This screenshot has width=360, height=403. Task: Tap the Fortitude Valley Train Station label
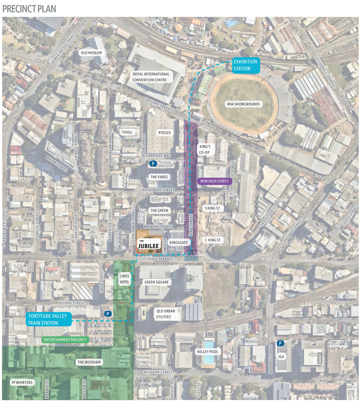point(48,319)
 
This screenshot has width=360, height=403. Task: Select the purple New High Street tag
point(214,181)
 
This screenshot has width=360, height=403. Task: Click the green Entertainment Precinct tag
point(65,340)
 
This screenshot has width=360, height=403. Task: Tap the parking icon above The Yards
point(153,163)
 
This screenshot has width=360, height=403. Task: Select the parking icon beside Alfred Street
point(107,314)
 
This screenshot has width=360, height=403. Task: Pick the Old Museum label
point(91,53)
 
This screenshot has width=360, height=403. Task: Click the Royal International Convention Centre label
point(152,77)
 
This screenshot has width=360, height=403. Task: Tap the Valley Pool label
point(208,351)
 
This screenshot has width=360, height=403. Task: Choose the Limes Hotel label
point(124,279)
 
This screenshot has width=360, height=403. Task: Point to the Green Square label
point(156,282)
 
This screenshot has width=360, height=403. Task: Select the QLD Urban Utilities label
point(162,314)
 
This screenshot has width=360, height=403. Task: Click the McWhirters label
point(22,382)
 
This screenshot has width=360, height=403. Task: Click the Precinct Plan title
point(29,8)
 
